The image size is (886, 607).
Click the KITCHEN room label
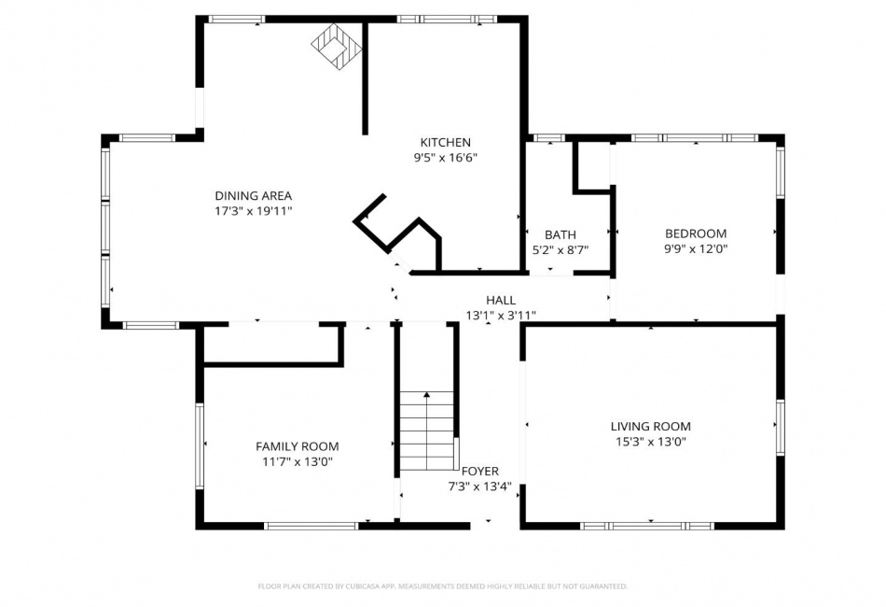[445, 143]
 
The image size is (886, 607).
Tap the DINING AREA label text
[253, 196]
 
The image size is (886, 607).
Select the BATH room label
[561, 234]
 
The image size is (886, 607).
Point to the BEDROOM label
[696, 233]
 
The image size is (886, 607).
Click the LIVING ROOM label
[650, 427]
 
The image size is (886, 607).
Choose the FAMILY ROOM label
[298, 447]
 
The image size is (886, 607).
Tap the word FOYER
[480, 472]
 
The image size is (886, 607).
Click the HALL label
[501, 301]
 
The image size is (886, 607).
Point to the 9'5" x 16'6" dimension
[445, 158]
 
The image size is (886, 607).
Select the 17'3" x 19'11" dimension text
[253, 211]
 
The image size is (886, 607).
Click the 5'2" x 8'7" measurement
[561, 249]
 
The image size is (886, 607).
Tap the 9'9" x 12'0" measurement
[696, 249]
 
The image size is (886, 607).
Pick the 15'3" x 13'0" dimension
[650, 442]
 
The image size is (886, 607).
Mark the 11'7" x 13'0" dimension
[298, 461]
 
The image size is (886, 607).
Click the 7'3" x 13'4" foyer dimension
[479, 487]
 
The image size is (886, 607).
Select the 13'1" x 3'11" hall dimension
[501, 316]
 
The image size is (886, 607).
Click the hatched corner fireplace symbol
[336, 47]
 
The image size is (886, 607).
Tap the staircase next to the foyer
[427, 430]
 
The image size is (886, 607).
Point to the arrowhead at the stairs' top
[426, 394]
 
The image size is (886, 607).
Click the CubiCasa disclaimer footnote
[442, 586]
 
